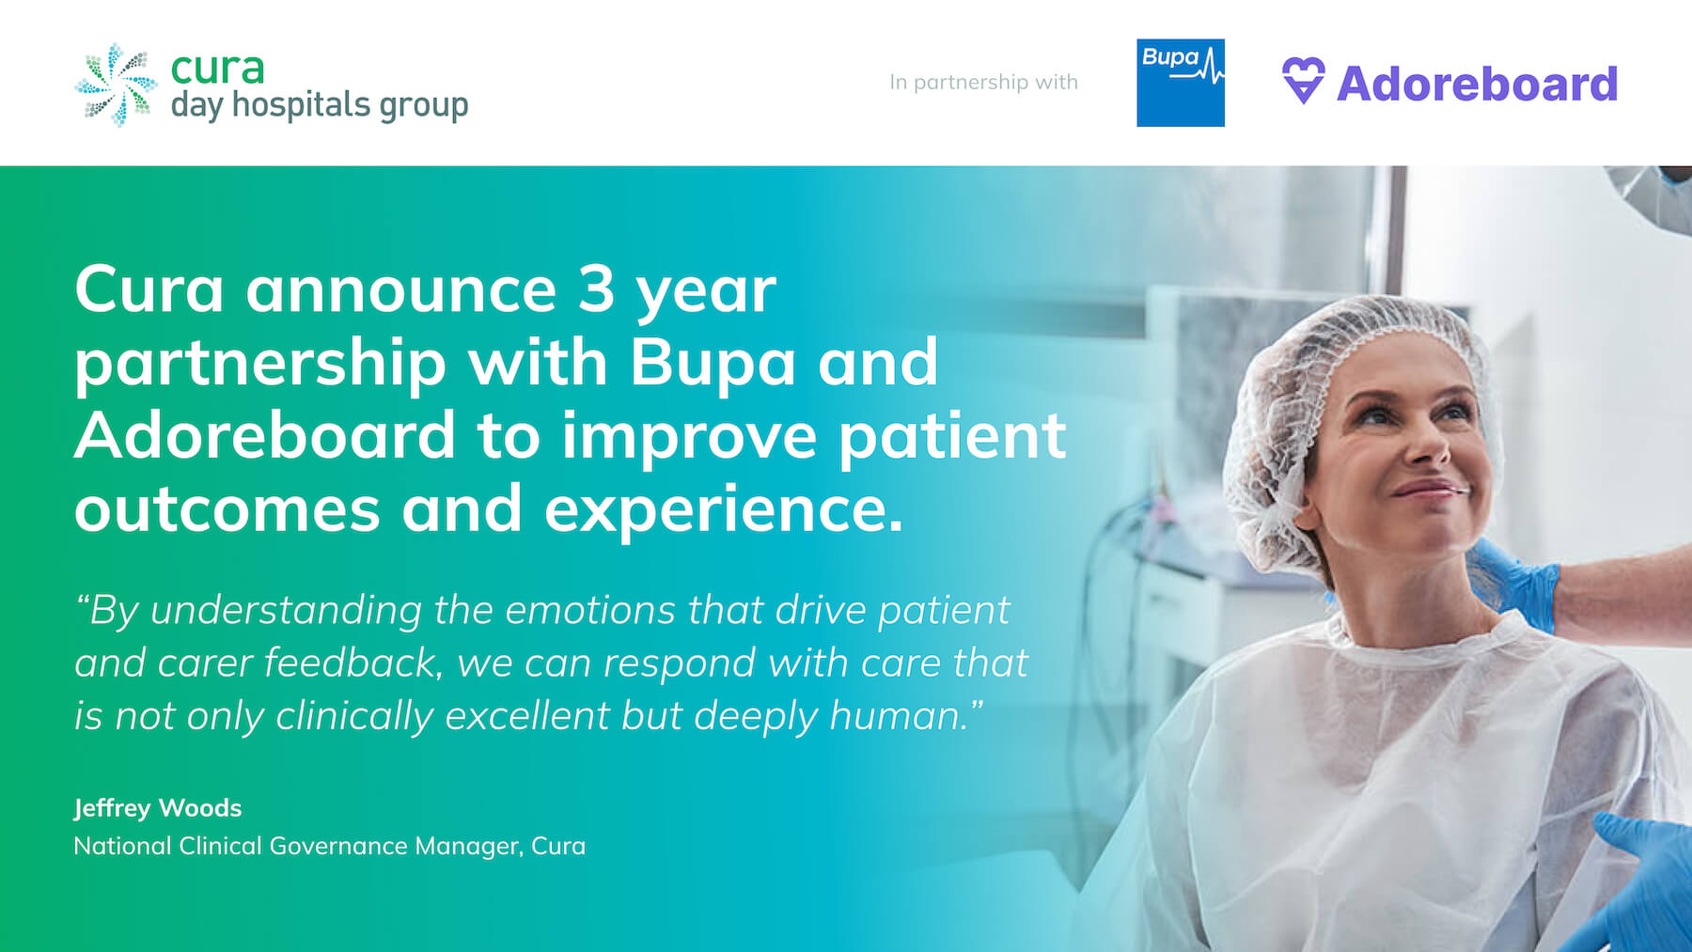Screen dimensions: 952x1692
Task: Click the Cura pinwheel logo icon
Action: (x=116, y=85)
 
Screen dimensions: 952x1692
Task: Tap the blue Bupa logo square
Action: (x=1180, y=83)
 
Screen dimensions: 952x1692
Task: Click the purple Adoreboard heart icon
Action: (x=1303, y=81)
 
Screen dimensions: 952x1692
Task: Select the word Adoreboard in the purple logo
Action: (x=1477, y=84)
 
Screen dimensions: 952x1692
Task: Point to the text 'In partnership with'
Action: (x=983, y=83)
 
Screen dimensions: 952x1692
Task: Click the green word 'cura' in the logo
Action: (x=217, y=68)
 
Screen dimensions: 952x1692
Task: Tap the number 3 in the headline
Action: (x=595, y=289)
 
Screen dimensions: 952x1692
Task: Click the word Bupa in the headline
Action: (x=713, y=363)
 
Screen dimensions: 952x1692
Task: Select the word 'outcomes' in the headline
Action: (x=227, y=509)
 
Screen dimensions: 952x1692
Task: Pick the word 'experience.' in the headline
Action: (x=723, y=509)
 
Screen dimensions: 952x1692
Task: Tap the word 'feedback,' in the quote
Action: (x=352, y=663)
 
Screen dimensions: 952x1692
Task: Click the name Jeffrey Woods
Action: (x=158, y=808)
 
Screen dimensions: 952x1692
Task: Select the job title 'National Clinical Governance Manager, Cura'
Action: (x=329, y=846)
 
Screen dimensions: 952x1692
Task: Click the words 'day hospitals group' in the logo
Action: (x=319, y=105)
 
